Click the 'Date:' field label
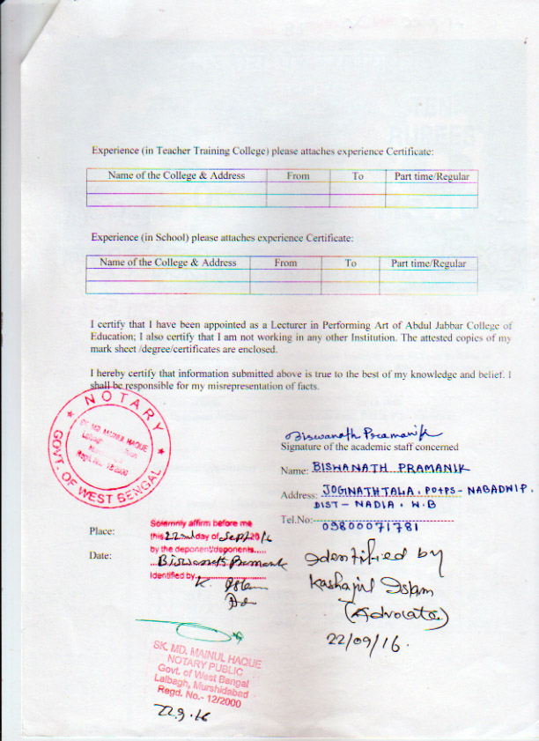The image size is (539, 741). (x=100, y=556)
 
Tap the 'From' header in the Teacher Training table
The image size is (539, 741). (x=298, y=176)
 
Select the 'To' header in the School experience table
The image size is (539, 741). (x=351, y=263)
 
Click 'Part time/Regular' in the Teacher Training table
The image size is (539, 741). (x=432, y=176)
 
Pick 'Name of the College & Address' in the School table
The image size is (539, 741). (x=167, y=263)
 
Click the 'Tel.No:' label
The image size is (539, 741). (x=295, y=521)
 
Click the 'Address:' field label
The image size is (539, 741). (x=298, y=495)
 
